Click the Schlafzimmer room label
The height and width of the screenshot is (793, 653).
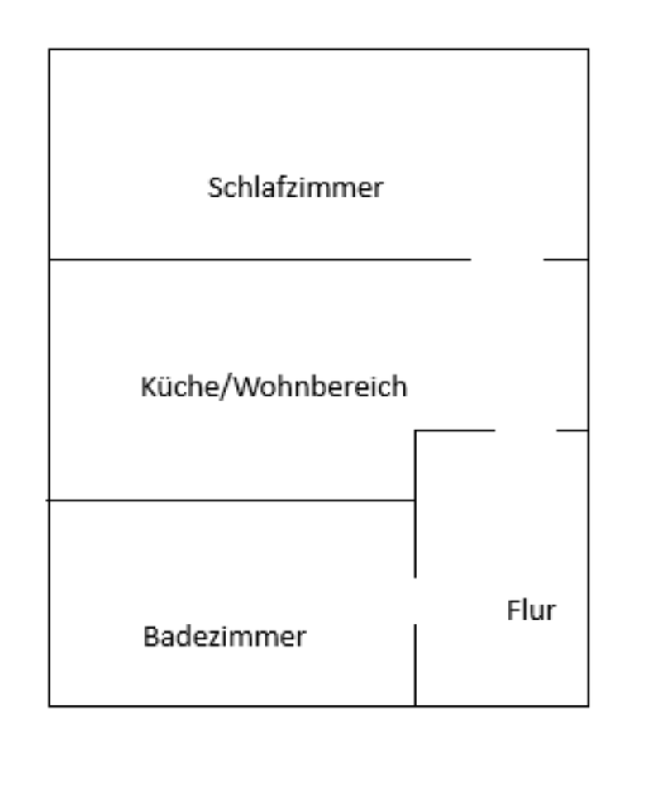295,188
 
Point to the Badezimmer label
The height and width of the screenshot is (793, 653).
224,637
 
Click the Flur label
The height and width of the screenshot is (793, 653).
531,610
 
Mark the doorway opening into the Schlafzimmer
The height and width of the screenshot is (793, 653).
507,259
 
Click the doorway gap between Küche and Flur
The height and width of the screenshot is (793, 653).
526,430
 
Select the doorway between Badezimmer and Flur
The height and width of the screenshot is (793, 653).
415,601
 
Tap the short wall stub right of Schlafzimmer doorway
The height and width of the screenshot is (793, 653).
566,259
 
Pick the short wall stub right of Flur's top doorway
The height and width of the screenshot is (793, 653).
573,430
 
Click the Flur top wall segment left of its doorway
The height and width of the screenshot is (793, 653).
455,430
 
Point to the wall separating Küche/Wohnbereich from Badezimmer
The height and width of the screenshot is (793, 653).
231,501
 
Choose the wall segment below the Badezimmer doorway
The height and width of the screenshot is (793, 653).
415,665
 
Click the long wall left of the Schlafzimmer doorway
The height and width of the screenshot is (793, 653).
260,259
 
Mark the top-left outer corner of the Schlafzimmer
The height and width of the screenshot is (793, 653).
50,50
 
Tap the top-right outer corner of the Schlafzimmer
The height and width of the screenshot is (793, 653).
589,50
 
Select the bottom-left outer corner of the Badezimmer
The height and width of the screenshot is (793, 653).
50,706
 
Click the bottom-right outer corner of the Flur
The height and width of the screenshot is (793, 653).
589,706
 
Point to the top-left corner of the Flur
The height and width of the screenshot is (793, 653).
415,430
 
